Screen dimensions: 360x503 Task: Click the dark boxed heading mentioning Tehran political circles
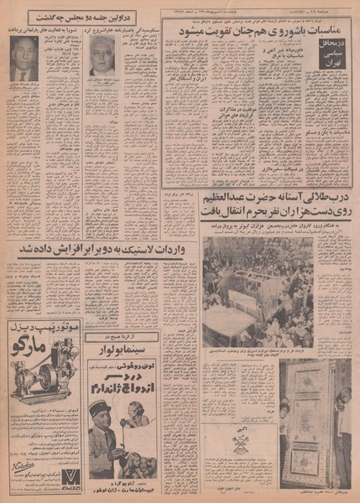coord(331,43)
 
